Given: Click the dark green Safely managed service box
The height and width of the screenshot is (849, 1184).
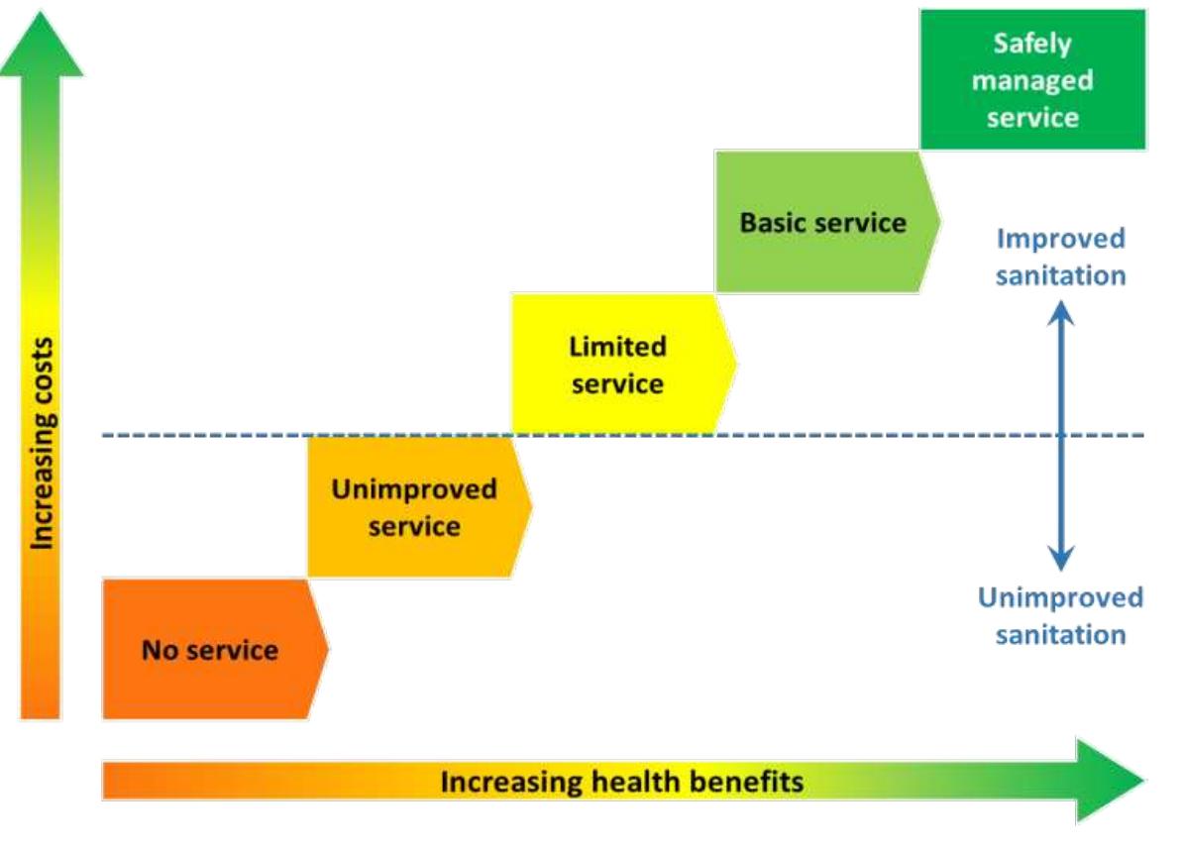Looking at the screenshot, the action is (1032, 79).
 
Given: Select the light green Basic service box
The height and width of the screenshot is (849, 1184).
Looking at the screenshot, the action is (827, 221).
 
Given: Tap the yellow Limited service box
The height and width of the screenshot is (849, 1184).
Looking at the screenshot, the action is (624, 365).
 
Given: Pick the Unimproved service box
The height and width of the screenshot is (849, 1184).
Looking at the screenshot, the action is (420, 507).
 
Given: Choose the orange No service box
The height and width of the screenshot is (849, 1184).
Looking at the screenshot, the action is (215, 649).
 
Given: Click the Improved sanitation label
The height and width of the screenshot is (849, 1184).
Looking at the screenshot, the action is (1060, 257).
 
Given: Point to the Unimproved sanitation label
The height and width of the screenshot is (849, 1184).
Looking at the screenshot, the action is (1060, 615).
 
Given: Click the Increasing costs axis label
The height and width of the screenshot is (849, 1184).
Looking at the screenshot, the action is (43, 444).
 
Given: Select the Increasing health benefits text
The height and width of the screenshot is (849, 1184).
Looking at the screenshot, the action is (621, 781).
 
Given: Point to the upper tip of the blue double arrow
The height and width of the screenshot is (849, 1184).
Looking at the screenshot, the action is (1061, 301).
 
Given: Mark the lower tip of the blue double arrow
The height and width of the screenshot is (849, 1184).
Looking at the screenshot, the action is (1061, 571).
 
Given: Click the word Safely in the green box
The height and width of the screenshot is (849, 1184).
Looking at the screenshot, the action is (1032, 44).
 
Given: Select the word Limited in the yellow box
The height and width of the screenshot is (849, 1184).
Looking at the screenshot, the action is (617, 347).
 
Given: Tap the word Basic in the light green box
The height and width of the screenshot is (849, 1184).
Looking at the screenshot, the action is (774, 222).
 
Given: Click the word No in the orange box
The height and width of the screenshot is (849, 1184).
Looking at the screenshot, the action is (161, 650).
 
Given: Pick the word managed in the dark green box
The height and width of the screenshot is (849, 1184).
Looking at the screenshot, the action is (1032, 80).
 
